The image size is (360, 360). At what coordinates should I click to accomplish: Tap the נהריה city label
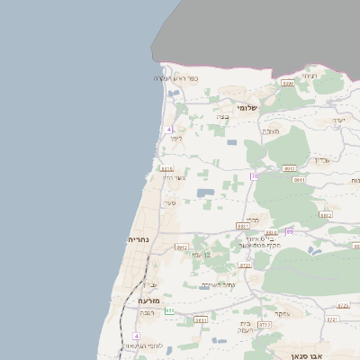pyautogui.click(x=145, y=240)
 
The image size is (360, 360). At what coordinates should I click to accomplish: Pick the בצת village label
pyautogui.click(x=222, y=117)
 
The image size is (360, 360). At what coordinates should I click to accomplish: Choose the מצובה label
pyautogui.click(x=271, y=131)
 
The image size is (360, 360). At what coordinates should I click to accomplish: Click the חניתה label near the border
pyautogui.click(x=309, y=76)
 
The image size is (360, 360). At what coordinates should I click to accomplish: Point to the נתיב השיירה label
pyautogui.click(x=218, y=285)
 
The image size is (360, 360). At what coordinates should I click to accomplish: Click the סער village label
pyautogui.click(x=170, y=202)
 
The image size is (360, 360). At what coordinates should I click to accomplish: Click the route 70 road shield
pyautogui.click(x=255, y=175)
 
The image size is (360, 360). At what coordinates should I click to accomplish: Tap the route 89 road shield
pyautogui.click(x=290, y=231)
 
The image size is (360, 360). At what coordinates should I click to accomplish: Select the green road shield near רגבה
pyautogui.click(x=169, y=310)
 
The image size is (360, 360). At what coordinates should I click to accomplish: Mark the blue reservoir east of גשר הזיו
pyautogui.click(x=206, y=193)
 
